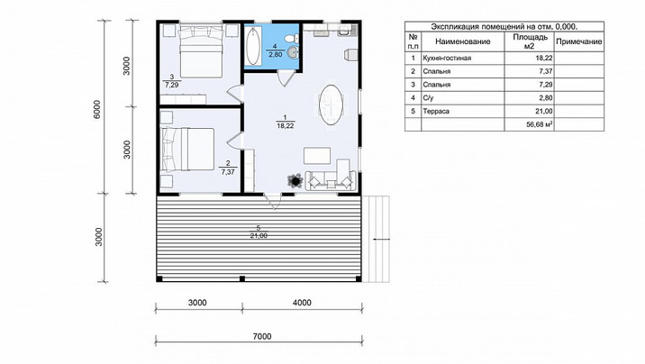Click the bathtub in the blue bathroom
[x=252, y=46]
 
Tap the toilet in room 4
[x=291, y=38]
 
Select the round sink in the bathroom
[x=293, y=52]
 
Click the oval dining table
[x=332, y=105]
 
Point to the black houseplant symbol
[x=295, y=180]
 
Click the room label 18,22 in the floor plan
[x=285, y=126]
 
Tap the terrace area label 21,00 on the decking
[x=259, y=236]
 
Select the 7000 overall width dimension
[x=262, y=336]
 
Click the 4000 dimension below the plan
[x=302, y=303]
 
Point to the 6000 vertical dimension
[x=97, y=109]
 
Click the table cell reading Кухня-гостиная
[x=447, y=59]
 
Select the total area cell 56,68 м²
[x=540, y=124]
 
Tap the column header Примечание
[x=578, y=41]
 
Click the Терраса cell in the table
[x=436, y=111]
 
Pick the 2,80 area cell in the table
[x=544, y=98]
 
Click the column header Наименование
[x=463, y=41]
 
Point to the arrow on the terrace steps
[x=381, y=239]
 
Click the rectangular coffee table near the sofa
[x=317, y=156]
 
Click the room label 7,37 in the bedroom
[x=228, y=172]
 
